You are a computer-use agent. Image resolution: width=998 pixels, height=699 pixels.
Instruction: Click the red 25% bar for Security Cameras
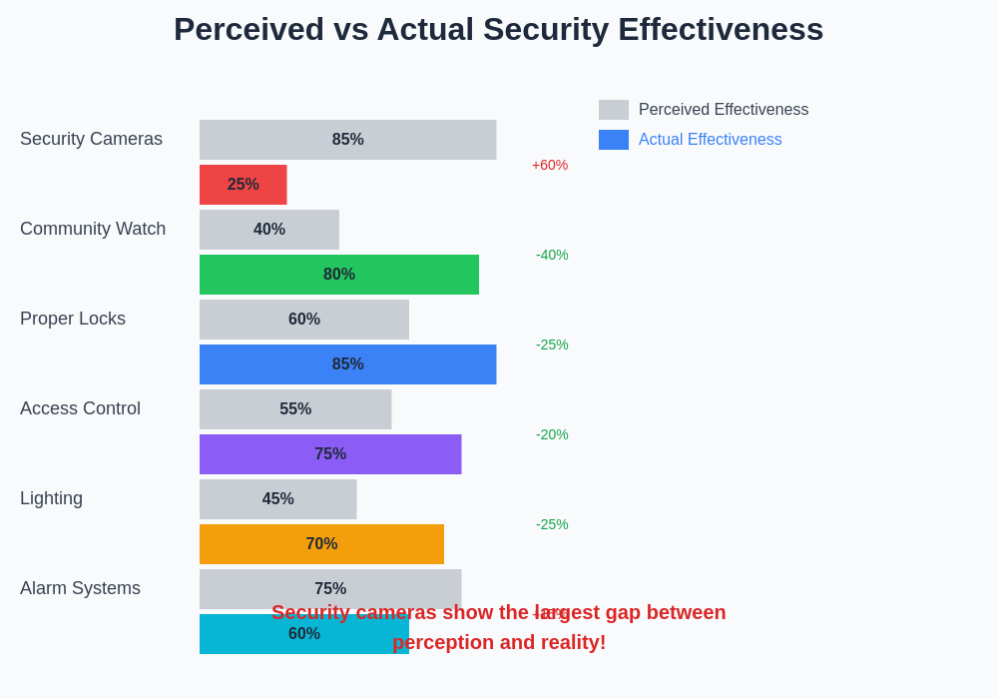[x=243, y=185]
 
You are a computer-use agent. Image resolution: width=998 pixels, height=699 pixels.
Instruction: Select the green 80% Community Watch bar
[x=339, y=275]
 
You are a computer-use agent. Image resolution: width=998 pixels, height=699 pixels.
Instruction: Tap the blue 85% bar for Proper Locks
[x=347, y=364]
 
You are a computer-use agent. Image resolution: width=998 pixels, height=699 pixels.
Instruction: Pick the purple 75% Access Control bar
[x=330, y=454]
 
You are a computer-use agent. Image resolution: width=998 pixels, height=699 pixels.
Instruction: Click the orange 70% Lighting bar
[x=321, y=544]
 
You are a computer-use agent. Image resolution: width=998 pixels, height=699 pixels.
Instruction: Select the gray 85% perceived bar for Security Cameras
[x=347, y=140]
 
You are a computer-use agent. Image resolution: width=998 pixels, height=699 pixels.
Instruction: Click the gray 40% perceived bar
[x=269, y=230]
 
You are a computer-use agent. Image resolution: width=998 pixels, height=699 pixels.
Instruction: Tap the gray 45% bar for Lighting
[x=277, y=499]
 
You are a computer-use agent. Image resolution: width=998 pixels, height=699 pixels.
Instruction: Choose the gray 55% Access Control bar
[x=295, y=409]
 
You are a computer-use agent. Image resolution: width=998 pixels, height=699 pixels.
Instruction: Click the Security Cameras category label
[x=91, y=139]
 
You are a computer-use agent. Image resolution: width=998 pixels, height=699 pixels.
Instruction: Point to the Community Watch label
[x=93, y=229]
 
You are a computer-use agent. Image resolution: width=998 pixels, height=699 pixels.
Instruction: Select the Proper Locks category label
[x=73, y=319]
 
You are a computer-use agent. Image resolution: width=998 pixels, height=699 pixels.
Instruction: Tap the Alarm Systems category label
[x=80, y=588]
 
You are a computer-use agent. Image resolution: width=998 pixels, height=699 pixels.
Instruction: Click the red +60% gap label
[x=550, y=165]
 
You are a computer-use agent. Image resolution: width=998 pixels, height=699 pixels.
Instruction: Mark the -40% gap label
[x=552, y=255]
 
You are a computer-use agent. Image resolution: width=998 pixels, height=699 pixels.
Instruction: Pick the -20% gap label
[x=552, y=434]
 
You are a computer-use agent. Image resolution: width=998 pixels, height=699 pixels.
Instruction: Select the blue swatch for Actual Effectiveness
[x=614, y=140]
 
